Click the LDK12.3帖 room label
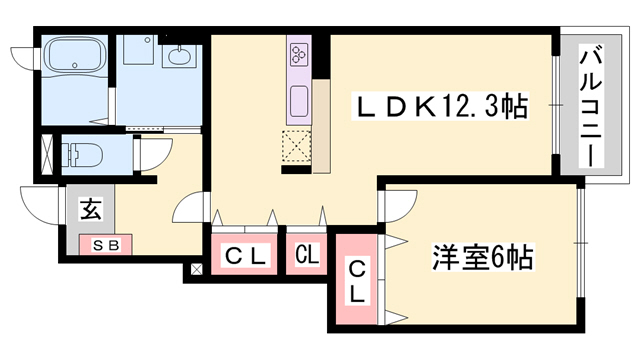[440, 105]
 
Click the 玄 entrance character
[91, 210]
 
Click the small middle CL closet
[306, 255]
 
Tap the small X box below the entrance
[196, 268]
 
